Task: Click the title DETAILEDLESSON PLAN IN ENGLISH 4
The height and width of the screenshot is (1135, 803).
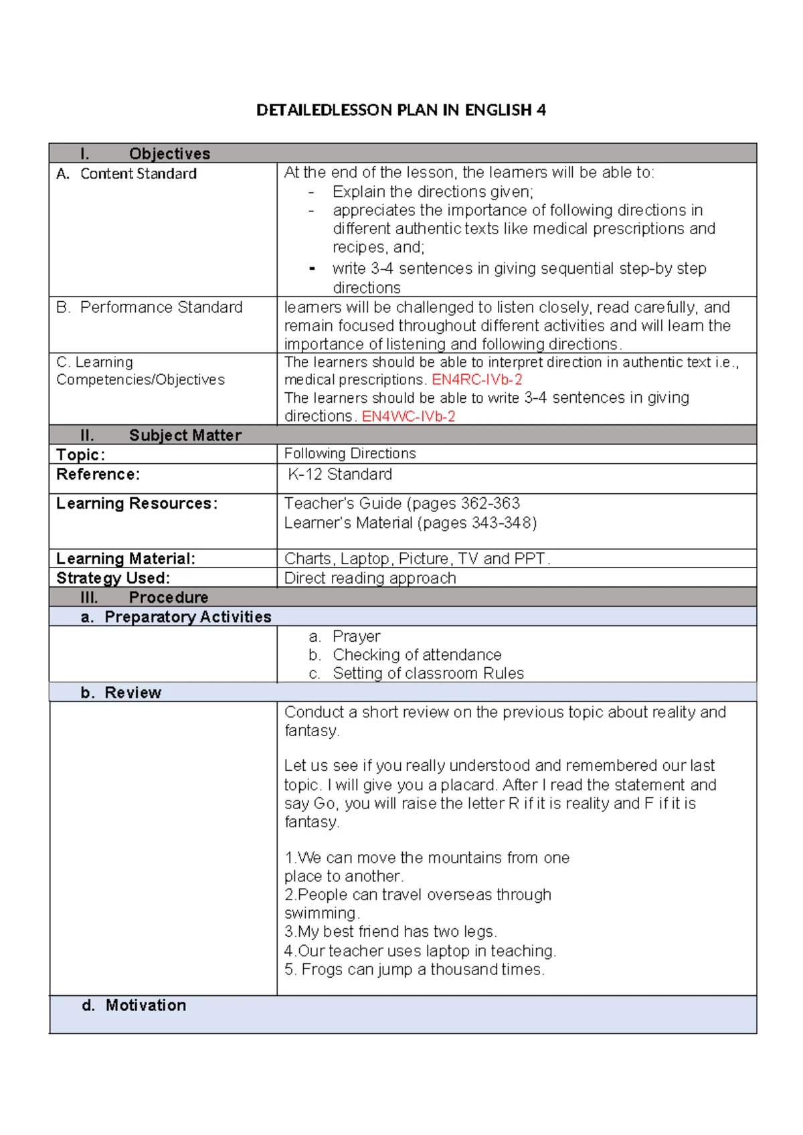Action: (x=401, y=110)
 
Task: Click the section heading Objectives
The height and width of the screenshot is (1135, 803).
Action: (x=169, y=154)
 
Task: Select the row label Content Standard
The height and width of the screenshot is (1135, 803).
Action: (x=138, y=174)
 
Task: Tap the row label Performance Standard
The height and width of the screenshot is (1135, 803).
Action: (x=161, y=307)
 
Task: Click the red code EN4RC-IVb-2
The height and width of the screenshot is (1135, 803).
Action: (x=476, y=379)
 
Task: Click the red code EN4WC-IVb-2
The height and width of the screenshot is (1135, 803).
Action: (x=408, y=416)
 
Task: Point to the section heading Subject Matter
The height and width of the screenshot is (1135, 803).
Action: (x=185, y=435)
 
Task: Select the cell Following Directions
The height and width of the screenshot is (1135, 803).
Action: (x=350, y=454)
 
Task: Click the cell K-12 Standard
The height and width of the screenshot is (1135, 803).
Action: (x=340, y=474)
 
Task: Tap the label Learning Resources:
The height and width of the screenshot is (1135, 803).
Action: (x=137, y=503)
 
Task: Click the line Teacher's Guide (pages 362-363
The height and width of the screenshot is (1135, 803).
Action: (x=401, y=503)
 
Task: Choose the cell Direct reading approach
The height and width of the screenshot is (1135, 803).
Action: (x=370, y=578)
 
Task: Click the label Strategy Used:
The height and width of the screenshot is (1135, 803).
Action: (x=113, y=578)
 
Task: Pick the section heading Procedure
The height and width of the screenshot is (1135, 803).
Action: (x=168, y=597)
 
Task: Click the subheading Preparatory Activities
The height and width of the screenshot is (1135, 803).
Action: (x=187, y=617)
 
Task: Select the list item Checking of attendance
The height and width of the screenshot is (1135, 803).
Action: (x=417, y=654)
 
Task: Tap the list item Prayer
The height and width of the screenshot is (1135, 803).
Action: (x=356, y=636)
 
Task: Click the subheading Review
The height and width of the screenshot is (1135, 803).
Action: (x=132, y=693)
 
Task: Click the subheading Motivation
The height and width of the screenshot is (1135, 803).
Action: (x=145, y=1005)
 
